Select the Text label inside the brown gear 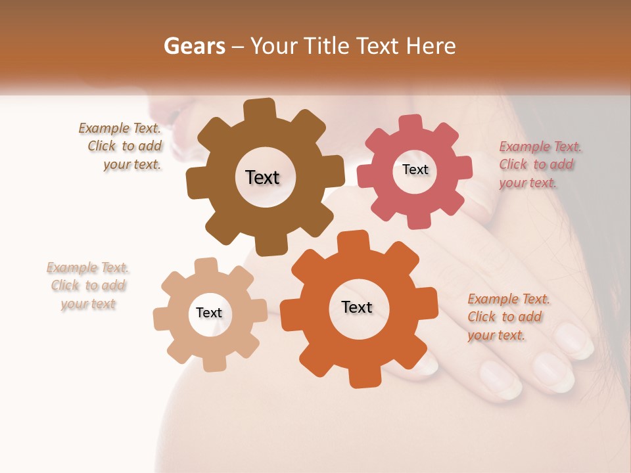tap(262, 177)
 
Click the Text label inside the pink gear tap(415, 169)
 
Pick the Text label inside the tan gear tap(209, 313)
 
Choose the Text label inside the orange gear tap(357, 307)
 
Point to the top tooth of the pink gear tap(411, 124)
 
